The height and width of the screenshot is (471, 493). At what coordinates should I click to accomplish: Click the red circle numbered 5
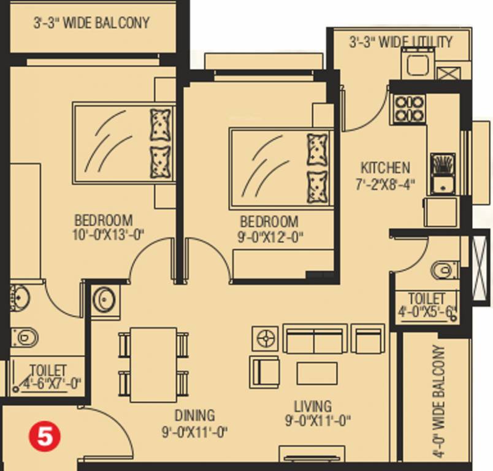point(44,437)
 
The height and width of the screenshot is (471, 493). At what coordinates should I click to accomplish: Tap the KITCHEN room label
point(385,167)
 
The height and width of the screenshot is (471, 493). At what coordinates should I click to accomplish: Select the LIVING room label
point(313,406)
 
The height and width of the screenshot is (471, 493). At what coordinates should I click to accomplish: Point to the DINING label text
point(194,415)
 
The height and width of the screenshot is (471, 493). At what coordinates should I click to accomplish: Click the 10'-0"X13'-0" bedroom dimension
point(108,234)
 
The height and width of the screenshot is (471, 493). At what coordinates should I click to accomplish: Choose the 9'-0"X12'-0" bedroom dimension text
point(270,237)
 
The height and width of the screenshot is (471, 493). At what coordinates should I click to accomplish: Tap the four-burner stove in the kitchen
point(409,109)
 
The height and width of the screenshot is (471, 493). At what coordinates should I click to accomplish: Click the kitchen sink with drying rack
point(443,174)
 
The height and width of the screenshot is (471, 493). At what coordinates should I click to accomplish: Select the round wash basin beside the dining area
point(105,300)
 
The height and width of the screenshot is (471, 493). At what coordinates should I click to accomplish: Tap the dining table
point(153,365)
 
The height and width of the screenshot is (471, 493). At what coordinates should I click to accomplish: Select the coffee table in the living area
point(317,373)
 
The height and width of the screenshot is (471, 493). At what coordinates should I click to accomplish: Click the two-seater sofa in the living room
point(315,339)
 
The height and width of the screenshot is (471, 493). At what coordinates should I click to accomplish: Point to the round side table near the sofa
point(265,339)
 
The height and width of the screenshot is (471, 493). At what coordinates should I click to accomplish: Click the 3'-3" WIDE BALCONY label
point(91,23)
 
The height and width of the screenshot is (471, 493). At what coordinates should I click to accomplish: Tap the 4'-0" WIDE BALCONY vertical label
point(439,401)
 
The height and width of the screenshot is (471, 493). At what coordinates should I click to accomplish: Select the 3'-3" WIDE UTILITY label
point(401,42)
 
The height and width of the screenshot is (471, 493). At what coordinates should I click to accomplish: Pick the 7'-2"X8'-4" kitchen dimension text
point(385,184)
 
